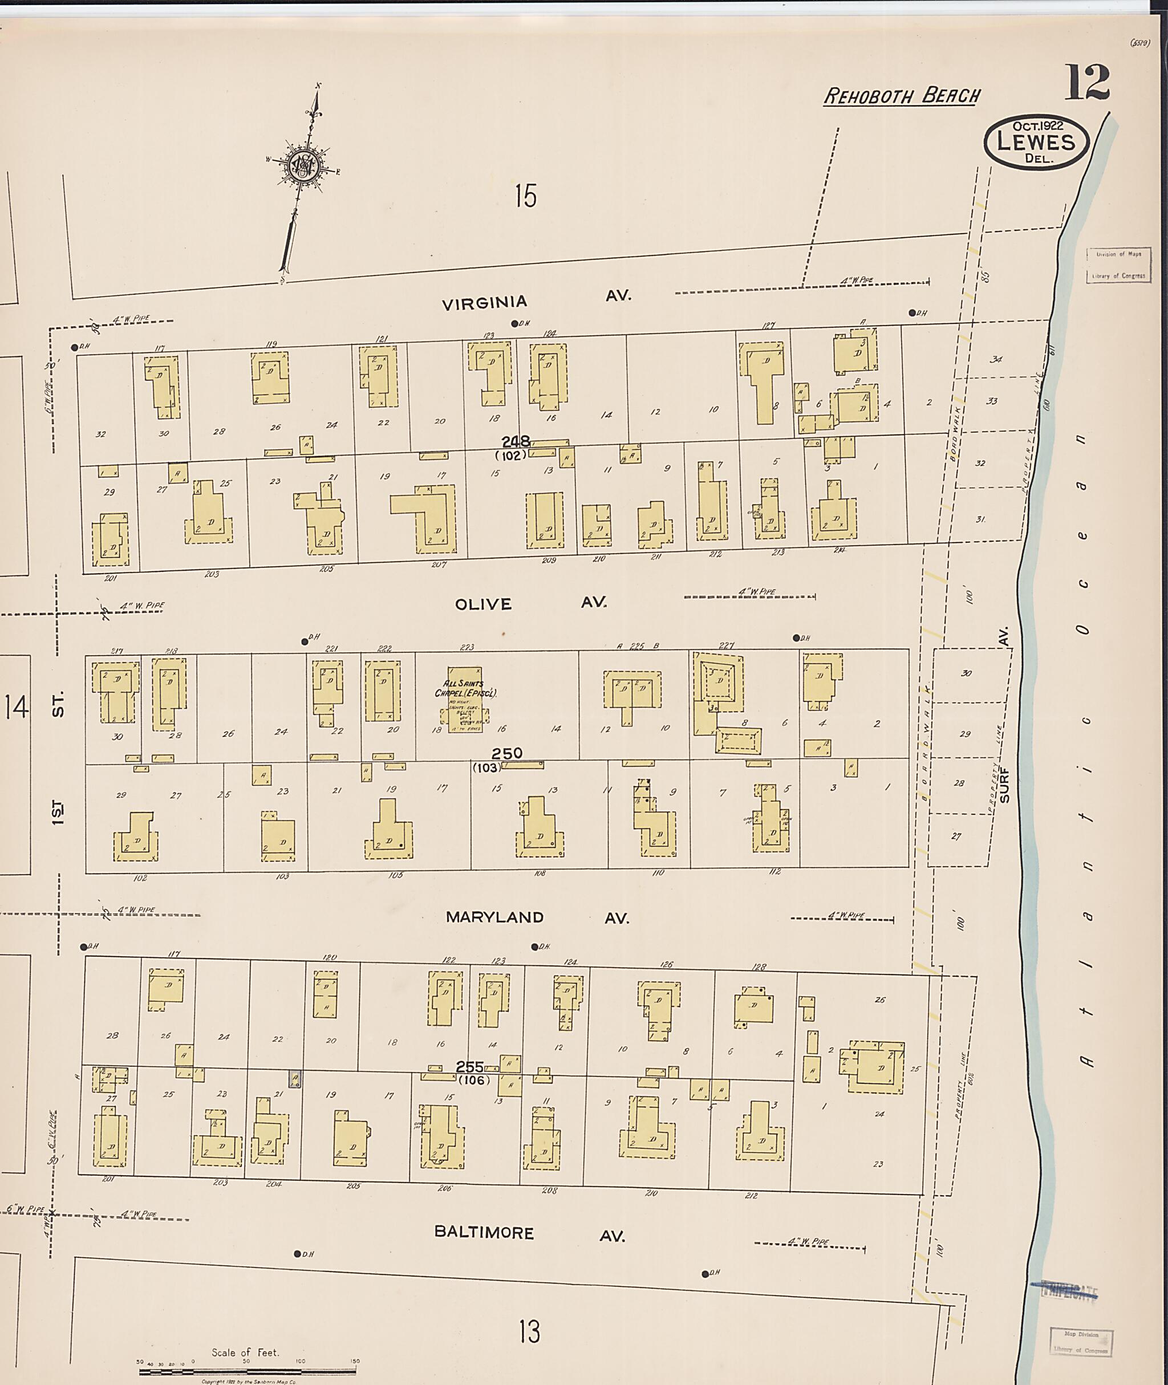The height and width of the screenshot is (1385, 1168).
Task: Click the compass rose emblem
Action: coord(303,164)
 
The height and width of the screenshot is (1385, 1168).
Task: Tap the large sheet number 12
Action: coord(1086,82)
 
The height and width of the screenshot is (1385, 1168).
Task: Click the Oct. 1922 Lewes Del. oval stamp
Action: coord(1036,141)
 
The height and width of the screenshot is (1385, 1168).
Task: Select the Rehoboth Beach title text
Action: coord(902,96)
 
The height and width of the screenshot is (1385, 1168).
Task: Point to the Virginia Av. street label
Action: coord(536,299)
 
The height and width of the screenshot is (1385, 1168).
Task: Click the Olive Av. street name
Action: coord(530,603)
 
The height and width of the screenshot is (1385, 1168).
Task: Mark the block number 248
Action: coord(515,441)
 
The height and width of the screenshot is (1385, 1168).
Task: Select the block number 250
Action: coord(506,753)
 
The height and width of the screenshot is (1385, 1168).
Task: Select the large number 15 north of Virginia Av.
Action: coord(526,196)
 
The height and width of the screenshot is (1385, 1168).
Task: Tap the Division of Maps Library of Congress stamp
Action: coord(1118,265)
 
